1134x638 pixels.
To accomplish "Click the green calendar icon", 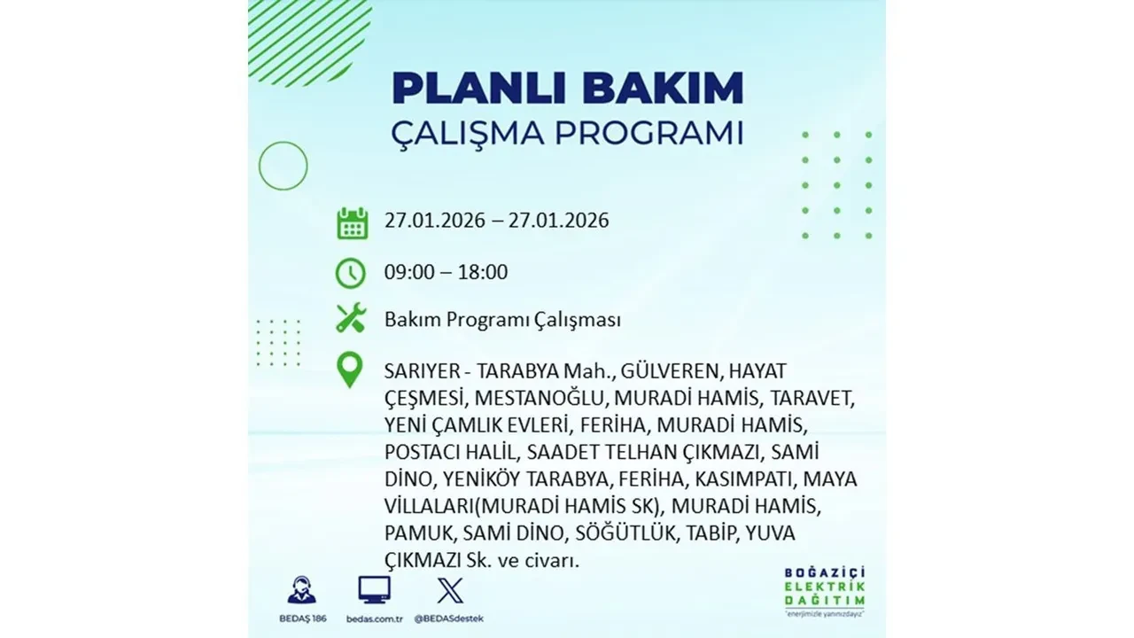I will pos(352,222).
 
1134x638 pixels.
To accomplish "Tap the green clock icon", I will pos(351,273).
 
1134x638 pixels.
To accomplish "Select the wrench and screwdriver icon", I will pos(351,318).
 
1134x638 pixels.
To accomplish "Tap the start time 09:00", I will pos(409,272).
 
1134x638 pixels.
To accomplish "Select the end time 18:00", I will pos(483,272).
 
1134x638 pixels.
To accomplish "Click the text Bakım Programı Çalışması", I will pos(502,320).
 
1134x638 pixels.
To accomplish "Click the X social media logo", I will pos(450,590).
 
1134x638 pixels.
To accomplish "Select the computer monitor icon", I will pos(374,590).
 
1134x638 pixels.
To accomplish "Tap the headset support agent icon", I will pos(301,590).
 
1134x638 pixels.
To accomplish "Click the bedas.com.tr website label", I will pos(374,618).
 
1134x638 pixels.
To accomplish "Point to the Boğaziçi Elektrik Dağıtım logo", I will pos(825,590).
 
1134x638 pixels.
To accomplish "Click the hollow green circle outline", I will pos(283,166).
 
